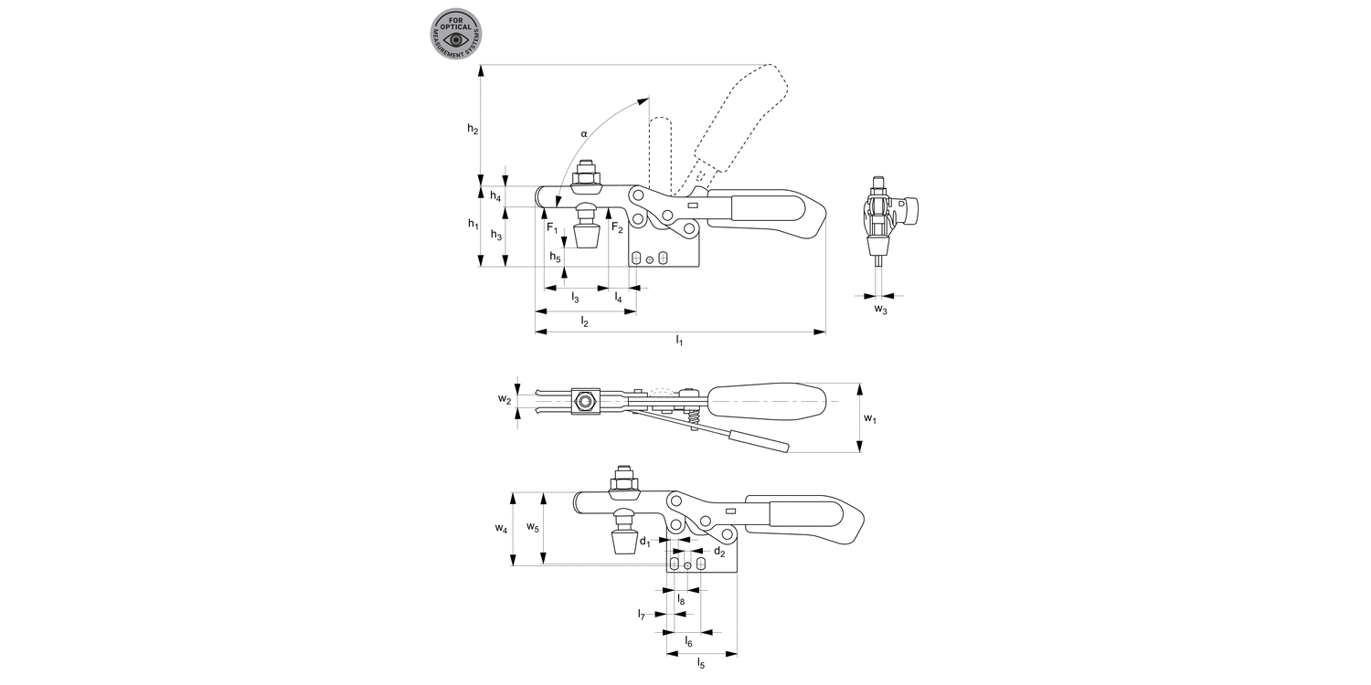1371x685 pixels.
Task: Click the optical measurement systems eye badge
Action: tap(455, 35)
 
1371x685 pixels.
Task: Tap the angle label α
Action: tap(584, 133)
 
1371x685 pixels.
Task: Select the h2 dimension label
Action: tap(473, 129)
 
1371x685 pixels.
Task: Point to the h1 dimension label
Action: tap(473, 224)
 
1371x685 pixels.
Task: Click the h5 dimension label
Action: tap(555, 257)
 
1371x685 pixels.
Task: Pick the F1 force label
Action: tap(552, 228)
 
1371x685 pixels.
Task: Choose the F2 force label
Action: tap(617, 228)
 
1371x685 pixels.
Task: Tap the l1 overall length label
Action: tap(679, 341)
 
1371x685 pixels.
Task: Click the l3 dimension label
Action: tap(575, 298)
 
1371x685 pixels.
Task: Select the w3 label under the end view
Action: tap(880, 309)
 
